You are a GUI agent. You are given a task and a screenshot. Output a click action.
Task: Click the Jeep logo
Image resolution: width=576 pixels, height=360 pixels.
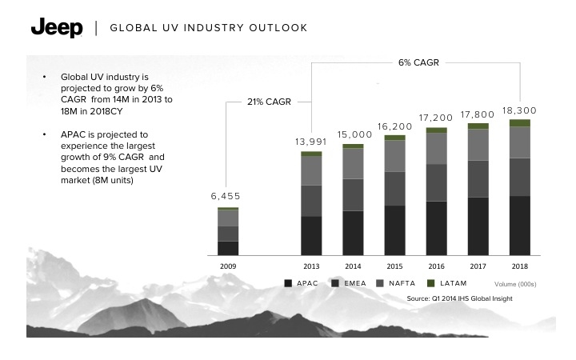pos(56,28)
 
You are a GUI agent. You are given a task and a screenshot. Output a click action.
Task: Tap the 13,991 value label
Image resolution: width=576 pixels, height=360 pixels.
pos(310,141)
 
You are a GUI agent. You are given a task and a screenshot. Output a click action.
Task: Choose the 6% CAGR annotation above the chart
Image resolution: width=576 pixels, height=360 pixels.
pos(416,62)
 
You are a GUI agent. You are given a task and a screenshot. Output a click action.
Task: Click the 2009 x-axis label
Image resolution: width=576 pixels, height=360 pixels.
pos(228,266)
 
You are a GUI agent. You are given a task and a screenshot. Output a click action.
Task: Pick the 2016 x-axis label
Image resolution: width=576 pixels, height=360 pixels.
pos(436,266)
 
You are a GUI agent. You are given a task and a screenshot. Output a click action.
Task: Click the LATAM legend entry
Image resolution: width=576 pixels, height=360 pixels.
pos(449,283)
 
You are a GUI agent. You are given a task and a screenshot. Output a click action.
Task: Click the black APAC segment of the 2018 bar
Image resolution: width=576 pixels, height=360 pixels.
pos(519,226)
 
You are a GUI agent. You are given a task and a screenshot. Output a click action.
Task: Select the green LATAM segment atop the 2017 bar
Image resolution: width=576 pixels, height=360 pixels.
pos(478,126)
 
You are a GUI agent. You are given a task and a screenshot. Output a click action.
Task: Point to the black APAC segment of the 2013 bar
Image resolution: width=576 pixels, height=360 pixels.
pos(311,236)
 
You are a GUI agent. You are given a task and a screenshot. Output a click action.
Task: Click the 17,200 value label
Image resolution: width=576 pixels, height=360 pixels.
pos(436,118)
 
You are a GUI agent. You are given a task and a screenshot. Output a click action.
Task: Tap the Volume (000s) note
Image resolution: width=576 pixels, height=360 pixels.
pos(515,284)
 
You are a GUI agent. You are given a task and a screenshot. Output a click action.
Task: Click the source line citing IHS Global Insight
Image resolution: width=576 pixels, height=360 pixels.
pos(470,298)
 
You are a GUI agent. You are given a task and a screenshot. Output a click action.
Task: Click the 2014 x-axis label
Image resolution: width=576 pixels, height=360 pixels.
pos(353,266)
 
